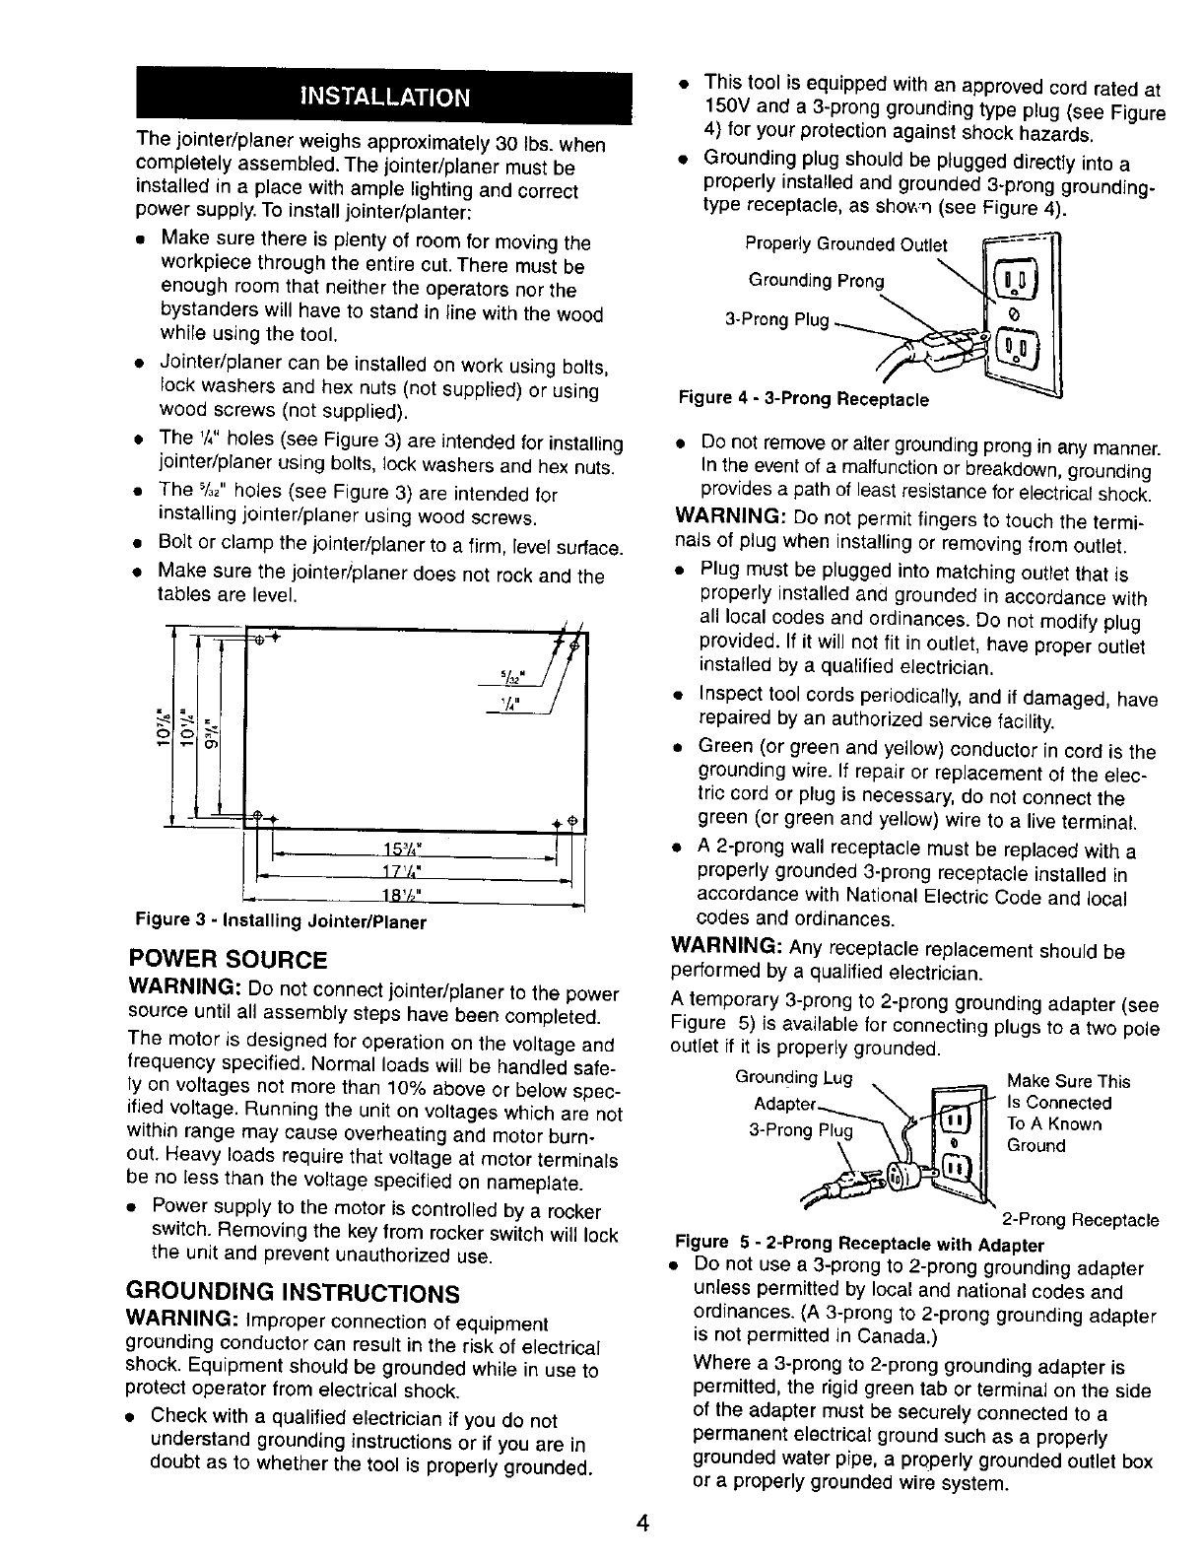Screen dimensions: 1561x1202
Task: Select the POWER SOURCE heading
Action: (228, 960)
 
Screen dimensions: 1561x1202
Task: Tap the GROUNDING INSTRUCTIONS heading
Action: (294, 1292)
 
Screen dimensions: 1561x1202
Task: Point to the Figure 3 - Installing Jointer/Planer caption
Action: (281, 923)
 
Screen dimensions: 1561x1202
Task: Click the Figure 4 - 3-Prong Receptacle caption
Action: (804, 399)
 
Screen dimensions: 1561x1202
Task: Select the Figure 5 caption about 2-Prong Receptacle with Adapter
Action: (858, 1244)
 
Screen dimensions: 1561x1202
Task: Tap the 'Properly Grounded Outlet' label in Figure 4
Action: (845, 244)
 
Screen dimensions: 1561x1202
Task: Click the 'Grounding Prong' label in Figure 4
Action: (817, 281)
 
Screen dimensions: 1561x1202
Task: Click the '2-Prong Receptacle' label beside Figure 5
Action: (1081, 1221)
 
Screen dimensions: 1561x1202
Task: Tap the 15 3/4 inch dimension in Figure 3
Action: (403, 850)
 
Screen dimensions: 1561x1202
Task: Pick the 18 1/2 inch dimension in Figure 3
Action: (403, 895)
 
